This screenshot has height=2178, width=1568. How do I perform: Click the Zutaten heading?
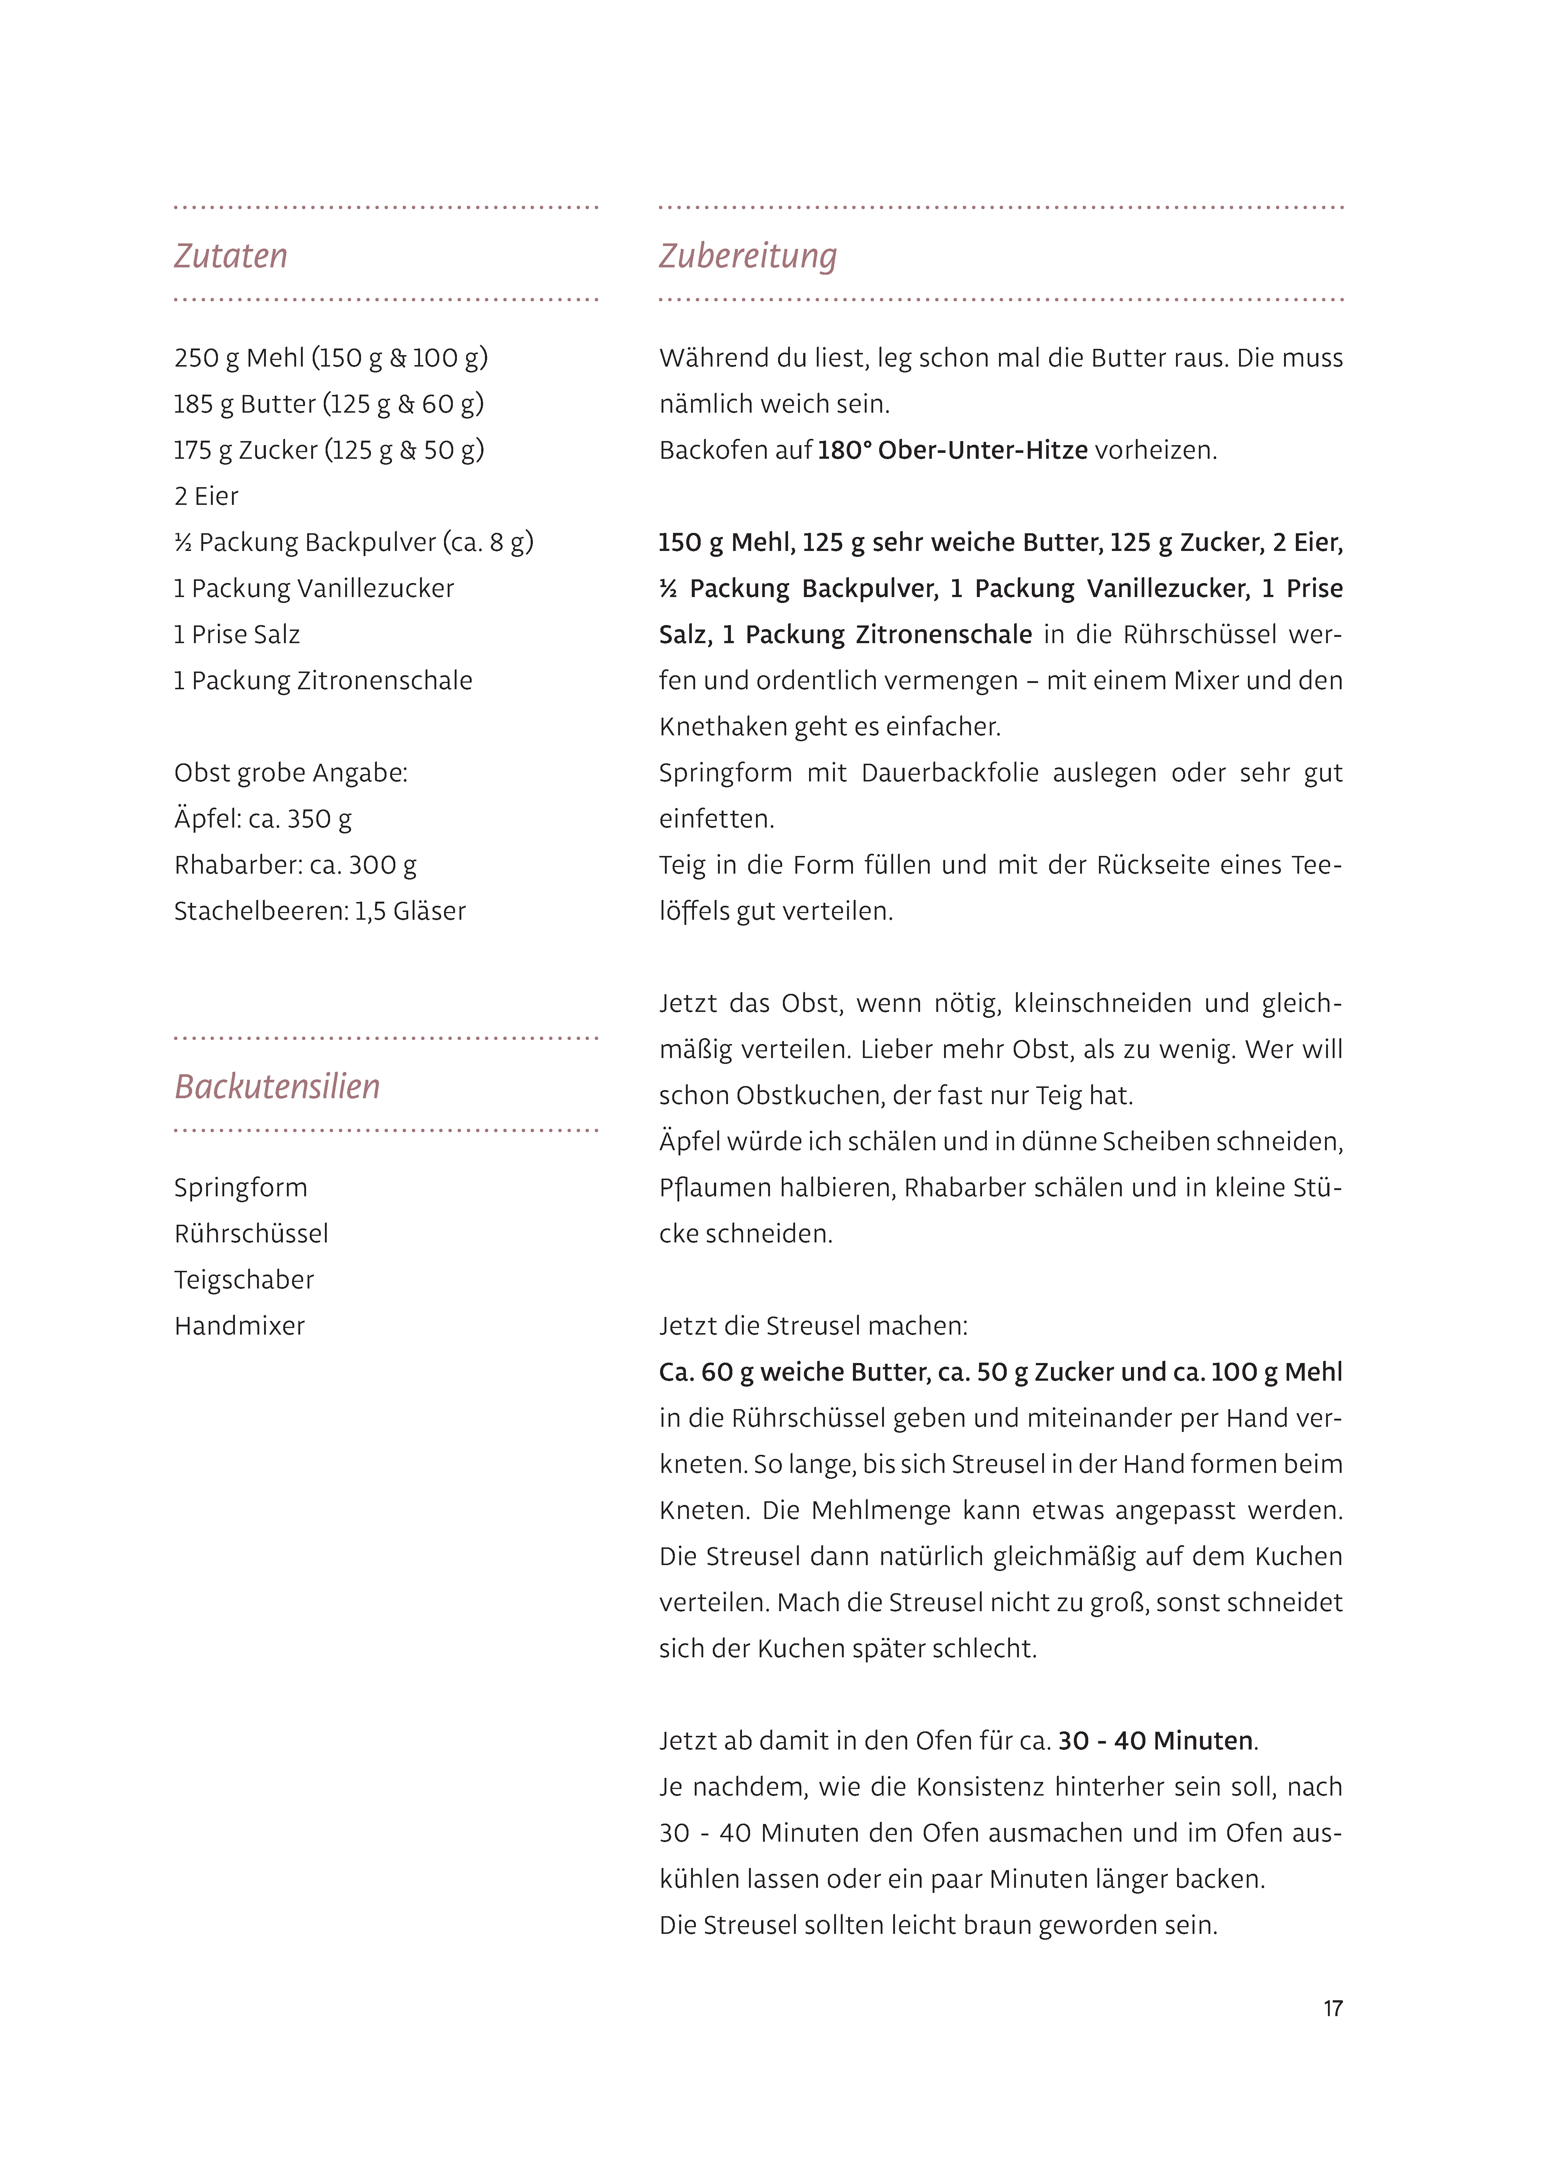[230, 256]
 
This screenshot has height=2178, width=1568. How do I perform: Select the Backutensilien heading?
[277, 1087]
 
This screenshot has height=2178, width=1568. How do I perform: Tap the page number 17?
[1332, 2008]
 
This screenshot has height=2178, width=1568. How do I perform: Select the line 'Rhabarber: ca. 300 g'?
[295, 865]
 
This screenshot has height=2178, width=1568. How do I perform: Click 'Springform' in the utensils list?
[240, 1188]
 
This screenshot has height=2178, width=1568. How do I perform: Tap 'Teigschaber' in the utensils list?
[244, 1280]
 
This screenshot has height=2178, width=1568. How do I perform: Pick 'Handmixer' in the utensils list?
[239, 1326]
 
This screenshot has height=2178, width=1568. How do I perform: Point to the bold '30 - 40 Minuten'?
[1155, 1741]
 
